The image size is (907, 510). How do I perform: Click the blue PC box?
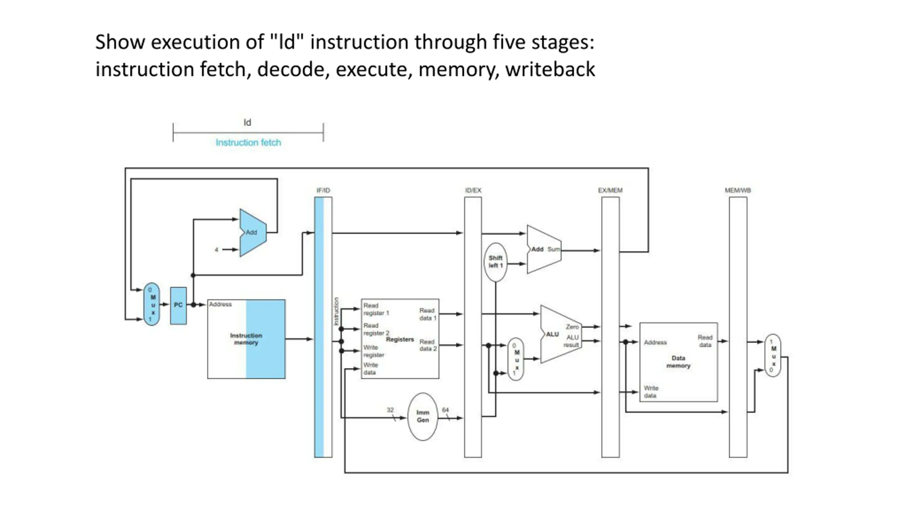point(178,305)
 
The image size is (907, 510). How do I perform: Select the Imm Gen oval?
point(423,416)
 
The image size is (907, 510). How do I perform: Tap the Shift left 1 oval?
point(495,262)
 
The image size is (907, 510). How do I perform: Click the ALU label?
point(552,334)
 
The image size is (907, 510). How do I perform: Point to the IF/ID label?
point(323,191)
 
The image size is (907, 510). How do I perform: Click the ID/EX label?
point(473,191)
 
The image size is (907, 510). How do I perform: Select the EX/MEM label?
point(610,191)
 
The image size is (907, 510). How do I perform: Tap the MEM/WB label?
point(738,191)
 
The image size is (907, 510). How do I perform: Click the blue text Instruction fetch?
point(248,142)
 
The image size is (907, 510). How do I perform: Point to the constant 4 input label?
point(216,250)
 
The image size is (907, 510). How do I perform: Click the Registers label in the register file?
point(400,339)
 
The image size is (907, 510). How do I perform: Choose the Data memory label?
point(678,362)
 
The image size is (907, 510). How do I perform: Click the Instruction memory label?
point(246,339)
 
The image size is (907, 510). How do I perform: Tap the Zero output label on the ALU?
point(572,327)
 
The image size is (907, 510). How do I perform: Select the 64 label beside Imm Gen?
point(445,410)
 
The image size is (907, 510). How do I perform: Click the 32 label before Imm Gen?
point(390,410)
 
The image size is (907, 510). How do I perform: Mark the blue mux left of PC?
point(152,304)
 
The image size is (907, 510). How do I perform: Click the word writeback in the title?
point(550,69)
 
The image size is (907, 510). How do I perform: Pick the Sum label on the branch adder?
point(553,249)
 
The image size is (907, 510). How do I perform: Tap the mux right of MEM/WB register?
point(773,356)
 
